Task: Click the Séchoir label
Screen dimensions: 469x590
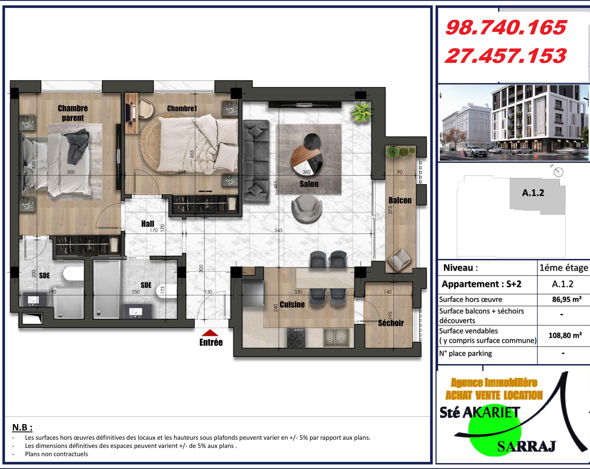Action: click(x=391, y=323)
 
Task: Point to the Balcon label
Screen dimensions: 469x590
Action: click(x=400, y=200)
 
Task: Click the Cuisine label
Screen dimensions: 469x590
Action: click(x=292, y=304)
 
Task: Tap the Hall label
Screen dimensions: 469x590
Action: click(x=148, y=224)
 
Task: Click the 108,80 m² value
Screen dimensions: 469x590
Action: click(x=565, y=335)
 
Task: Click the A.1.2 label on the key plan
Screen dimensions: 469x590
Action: click(x=533, y=193)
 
